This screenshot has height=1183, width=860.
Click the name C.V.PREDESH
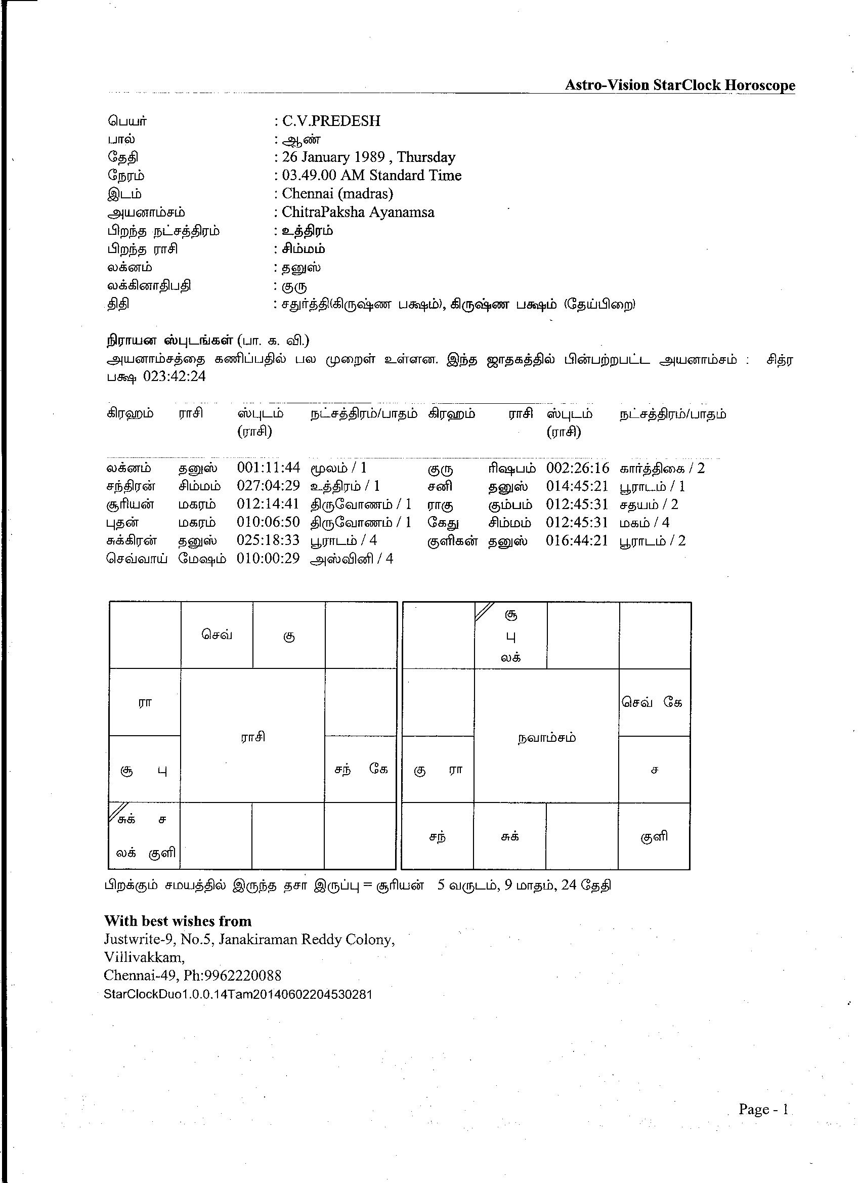[x=331, y=121]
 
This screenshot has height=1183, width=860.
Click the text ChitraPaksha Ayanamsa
[x=358, y=212]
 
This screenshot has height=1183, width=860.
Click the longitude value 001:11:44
[x=268, y=468]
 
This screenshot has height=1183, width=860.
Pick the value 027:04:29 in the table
[x=268, y=486]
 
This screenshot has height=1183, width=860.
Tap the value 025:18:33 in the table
[x=268, y=540]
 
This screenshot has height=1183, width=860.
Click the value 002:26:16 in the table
[x=577, y=468]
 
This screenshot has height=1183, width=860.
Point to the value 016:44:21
[x=577, y=540]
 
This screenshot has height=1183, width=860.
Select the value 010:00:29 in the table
[x=268, y=558]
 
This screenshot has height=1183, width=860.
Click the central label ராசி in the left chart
[x=253, y=737]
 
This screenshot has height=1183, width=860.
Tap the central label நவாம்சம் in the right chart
[x=546, y=738]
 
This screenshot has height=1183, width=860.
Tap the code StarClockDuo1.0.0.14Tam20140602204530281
[x=238, y=994]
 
